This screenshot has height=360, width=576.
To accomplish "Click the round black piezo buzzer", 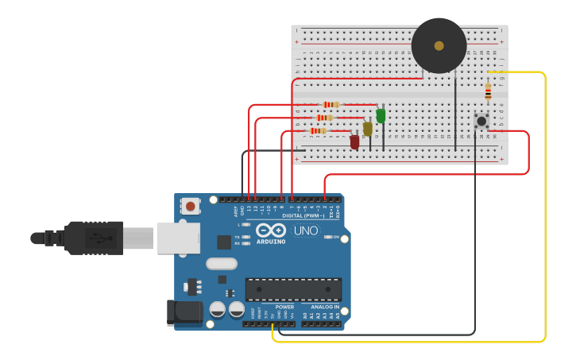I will [439, 46].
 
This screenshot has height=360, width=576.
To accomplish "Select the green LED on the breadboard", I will [381, 116].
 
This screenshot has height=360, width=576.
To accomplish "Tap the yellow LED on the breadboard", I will [367, 129].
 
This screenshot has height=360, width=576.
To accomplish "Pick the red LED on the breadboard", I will [354, 141].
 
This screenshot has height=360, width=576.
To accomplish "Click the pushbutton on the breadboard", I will [481, 121].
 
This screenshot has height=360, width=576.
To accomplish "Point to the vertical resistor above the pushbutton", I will [488, 91].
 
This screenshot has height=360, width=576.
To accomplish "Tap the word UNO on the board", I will [306, 231].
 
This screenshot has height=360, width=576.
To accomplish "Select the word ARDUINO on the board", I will [271, 242].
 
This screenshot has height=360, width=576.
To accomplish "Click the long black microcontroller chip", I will [293, 289].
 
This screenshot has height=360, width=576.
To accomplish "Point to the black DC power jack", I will [184, 312].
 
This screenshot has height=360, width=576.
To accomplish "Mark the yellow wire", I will [545, 207].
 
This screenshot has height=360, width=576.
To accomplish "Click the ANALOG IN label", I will [324, 307].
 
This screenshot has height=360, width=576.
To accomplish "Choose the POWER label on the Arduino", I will [284, 307].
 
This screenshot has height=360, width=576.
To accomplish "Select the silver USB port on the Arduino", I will [179, 238].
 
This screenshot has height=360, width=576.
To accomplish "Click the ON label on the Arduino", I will [336, 237].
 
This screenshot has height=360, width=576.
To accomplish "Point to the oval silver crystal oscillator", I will [222, 264].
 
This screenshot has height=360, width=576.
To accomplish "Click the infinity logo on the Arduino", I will [271, 230].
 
